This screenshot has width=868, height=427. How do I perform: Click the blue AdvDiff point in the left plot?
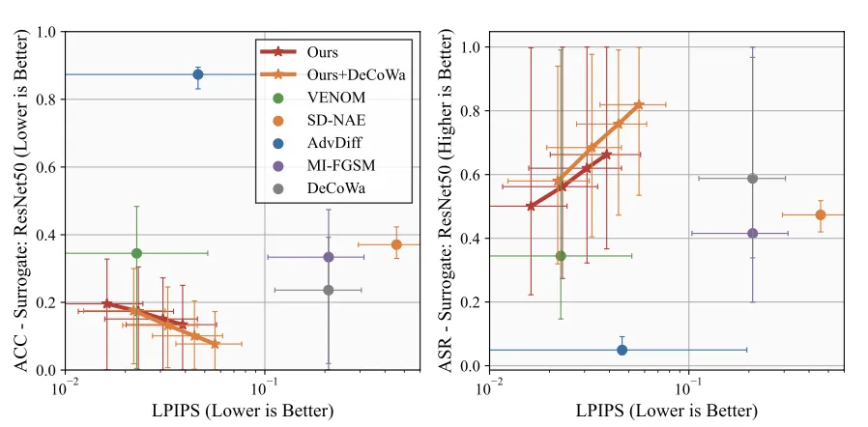click(x=198, y=74)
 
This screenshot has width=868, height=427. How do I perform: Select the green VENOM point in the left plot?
click(x=136, y=253)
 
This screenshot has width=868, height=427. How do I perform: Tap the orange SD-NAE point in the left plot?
click(x=396, y=244)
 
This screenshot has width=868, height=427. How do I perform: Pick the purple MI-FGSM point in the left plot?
click(x=329, y=257)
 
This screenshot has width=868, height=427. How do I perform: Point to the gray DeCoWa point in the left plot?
click(x=329, y=290)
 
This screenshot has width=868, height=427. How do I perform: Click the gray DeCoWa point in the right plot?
click(x=753, y=179)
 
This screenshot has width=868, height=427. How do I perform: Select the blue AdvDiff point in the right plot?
click(x=622, y=350)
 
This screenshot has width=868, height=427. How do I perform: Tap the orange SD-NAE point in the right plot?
click(x=821, y=214)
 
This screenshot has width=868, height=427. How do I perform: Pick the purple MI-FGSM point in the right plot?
click(x=753, y=233)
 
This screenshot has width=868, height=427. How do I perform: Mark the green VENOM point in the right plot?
click(x=561, y=256)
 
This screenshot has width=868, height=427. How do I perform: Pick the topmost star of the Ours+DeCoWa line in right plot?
click(x=639, y=104)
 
